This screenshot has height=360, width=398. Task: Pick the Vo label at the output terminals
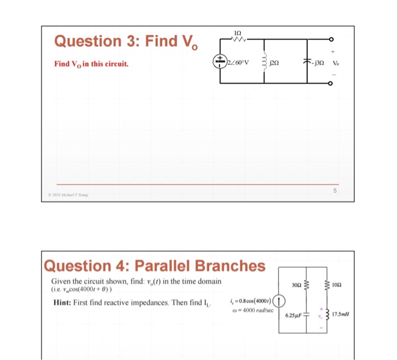click(x=335, y=63)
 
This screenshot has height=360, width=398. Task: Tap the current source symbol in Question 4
click(x=279, y=300)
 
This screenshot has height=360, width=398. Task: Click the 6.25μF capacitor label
click(x=293, y=315)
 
